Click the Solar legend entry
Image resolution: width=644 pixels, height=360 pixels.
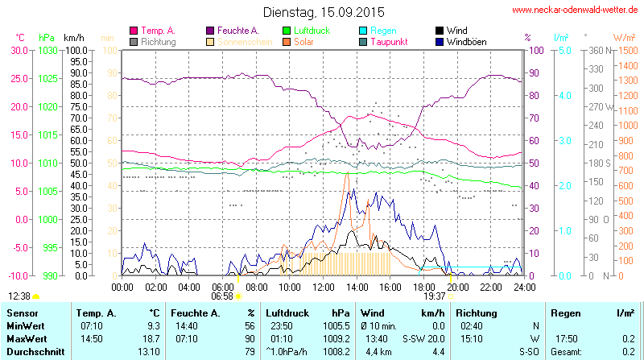(303, 41)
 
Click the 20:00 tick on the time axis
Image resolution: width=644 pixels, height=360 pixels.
(457, 286)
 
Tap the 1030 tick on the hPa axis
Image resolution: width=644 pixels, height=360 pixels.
(48, 50)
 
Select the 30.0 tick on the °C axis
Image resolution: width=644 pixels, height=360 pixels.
(19, 50)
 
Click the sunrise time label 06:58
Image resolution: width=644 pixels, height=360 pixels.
(222, 296)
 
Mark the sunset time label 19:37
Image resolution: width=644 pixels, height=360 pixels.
(435, 296)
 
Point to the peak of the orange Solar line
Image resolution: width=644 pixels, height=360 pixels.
(347, 172)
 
